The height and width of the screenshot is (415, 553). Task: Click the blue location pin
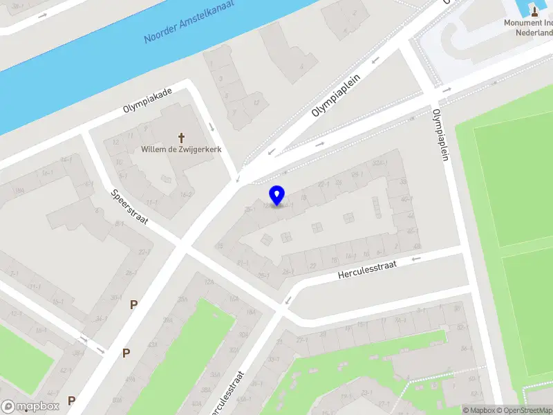pyautogui.click(x=276, y=196)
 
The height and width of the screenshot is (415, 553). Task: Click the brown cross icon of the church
pyautogui.click(x=183, y=137)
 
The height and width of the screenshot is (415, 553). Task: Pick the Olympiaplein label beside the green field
pyautogui.click(x=440, y=135)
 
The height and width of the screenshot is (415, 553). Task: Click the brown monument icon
pyautogui.click(x=534, y=10)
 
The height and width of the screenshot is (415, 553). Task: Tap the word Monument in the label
pyautogui.click(x=523, y=22)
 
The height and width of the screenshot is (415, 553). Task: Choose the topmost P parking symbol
pyautogui.click(x=133, y=304)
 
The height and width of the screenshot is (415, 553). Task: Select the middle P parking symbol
pyautogui.click(x=126, y=353)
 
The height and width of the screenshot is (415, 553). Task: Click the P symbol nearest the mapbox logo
pyautogui.click(x=71, y=400)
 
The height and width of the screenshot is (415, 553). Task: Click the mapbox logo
pyautogui.click(x=30, y=406)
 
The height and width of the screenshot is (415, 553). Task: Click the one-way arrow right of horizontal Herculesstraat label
pyautogui.click(x=415, y=259)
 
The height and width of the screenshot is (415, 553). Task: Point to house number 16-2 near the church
pyautogui.click(x=186, y=195)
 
